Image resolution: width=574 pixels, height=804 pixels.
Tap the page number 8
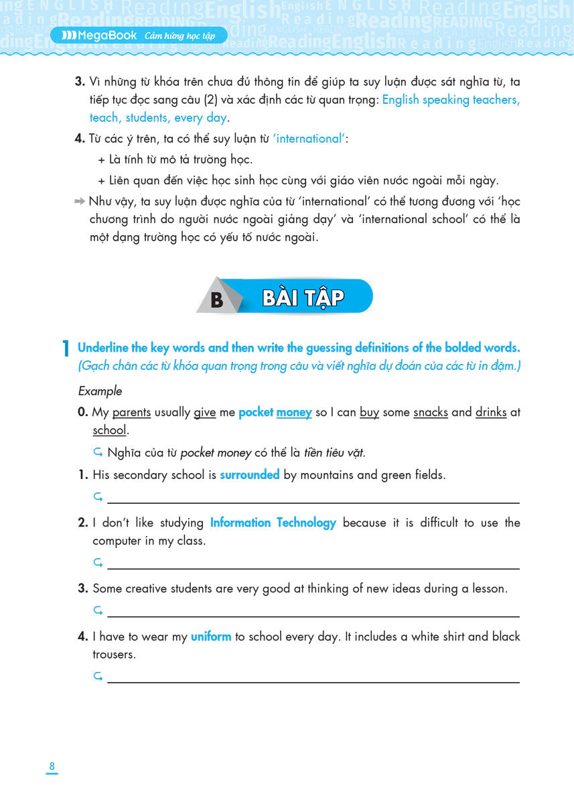coord(52,766)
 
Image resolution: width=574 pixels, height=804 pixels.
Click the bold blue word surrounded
coord(249,475)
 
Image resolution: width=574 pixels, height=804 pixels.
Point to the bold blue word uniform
coord(211,636)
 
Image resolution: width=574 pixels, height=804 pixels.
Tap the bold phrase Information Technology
coord(273,523)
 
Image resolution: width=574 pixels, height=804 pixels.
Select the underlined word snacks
coord(430,413)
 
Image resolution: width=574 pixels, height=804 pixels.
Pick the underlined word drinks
coord(491,413)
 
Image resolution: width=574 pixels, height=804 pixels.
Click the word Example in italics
coord(100,391)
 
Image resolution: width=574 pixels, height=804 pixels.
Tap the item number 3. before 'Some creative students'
coord(83,589)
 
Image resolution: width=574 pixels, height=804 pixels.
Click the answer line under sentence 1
coord(313,502)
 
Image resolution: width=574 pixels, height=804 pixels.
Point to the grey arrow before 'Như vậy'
coord(80,202)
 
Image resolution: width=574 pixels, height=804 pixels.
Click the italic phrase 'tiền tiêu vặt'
coord(334,453)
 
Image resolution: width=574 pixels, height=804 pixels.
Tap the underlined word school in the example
coord(109,430)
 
